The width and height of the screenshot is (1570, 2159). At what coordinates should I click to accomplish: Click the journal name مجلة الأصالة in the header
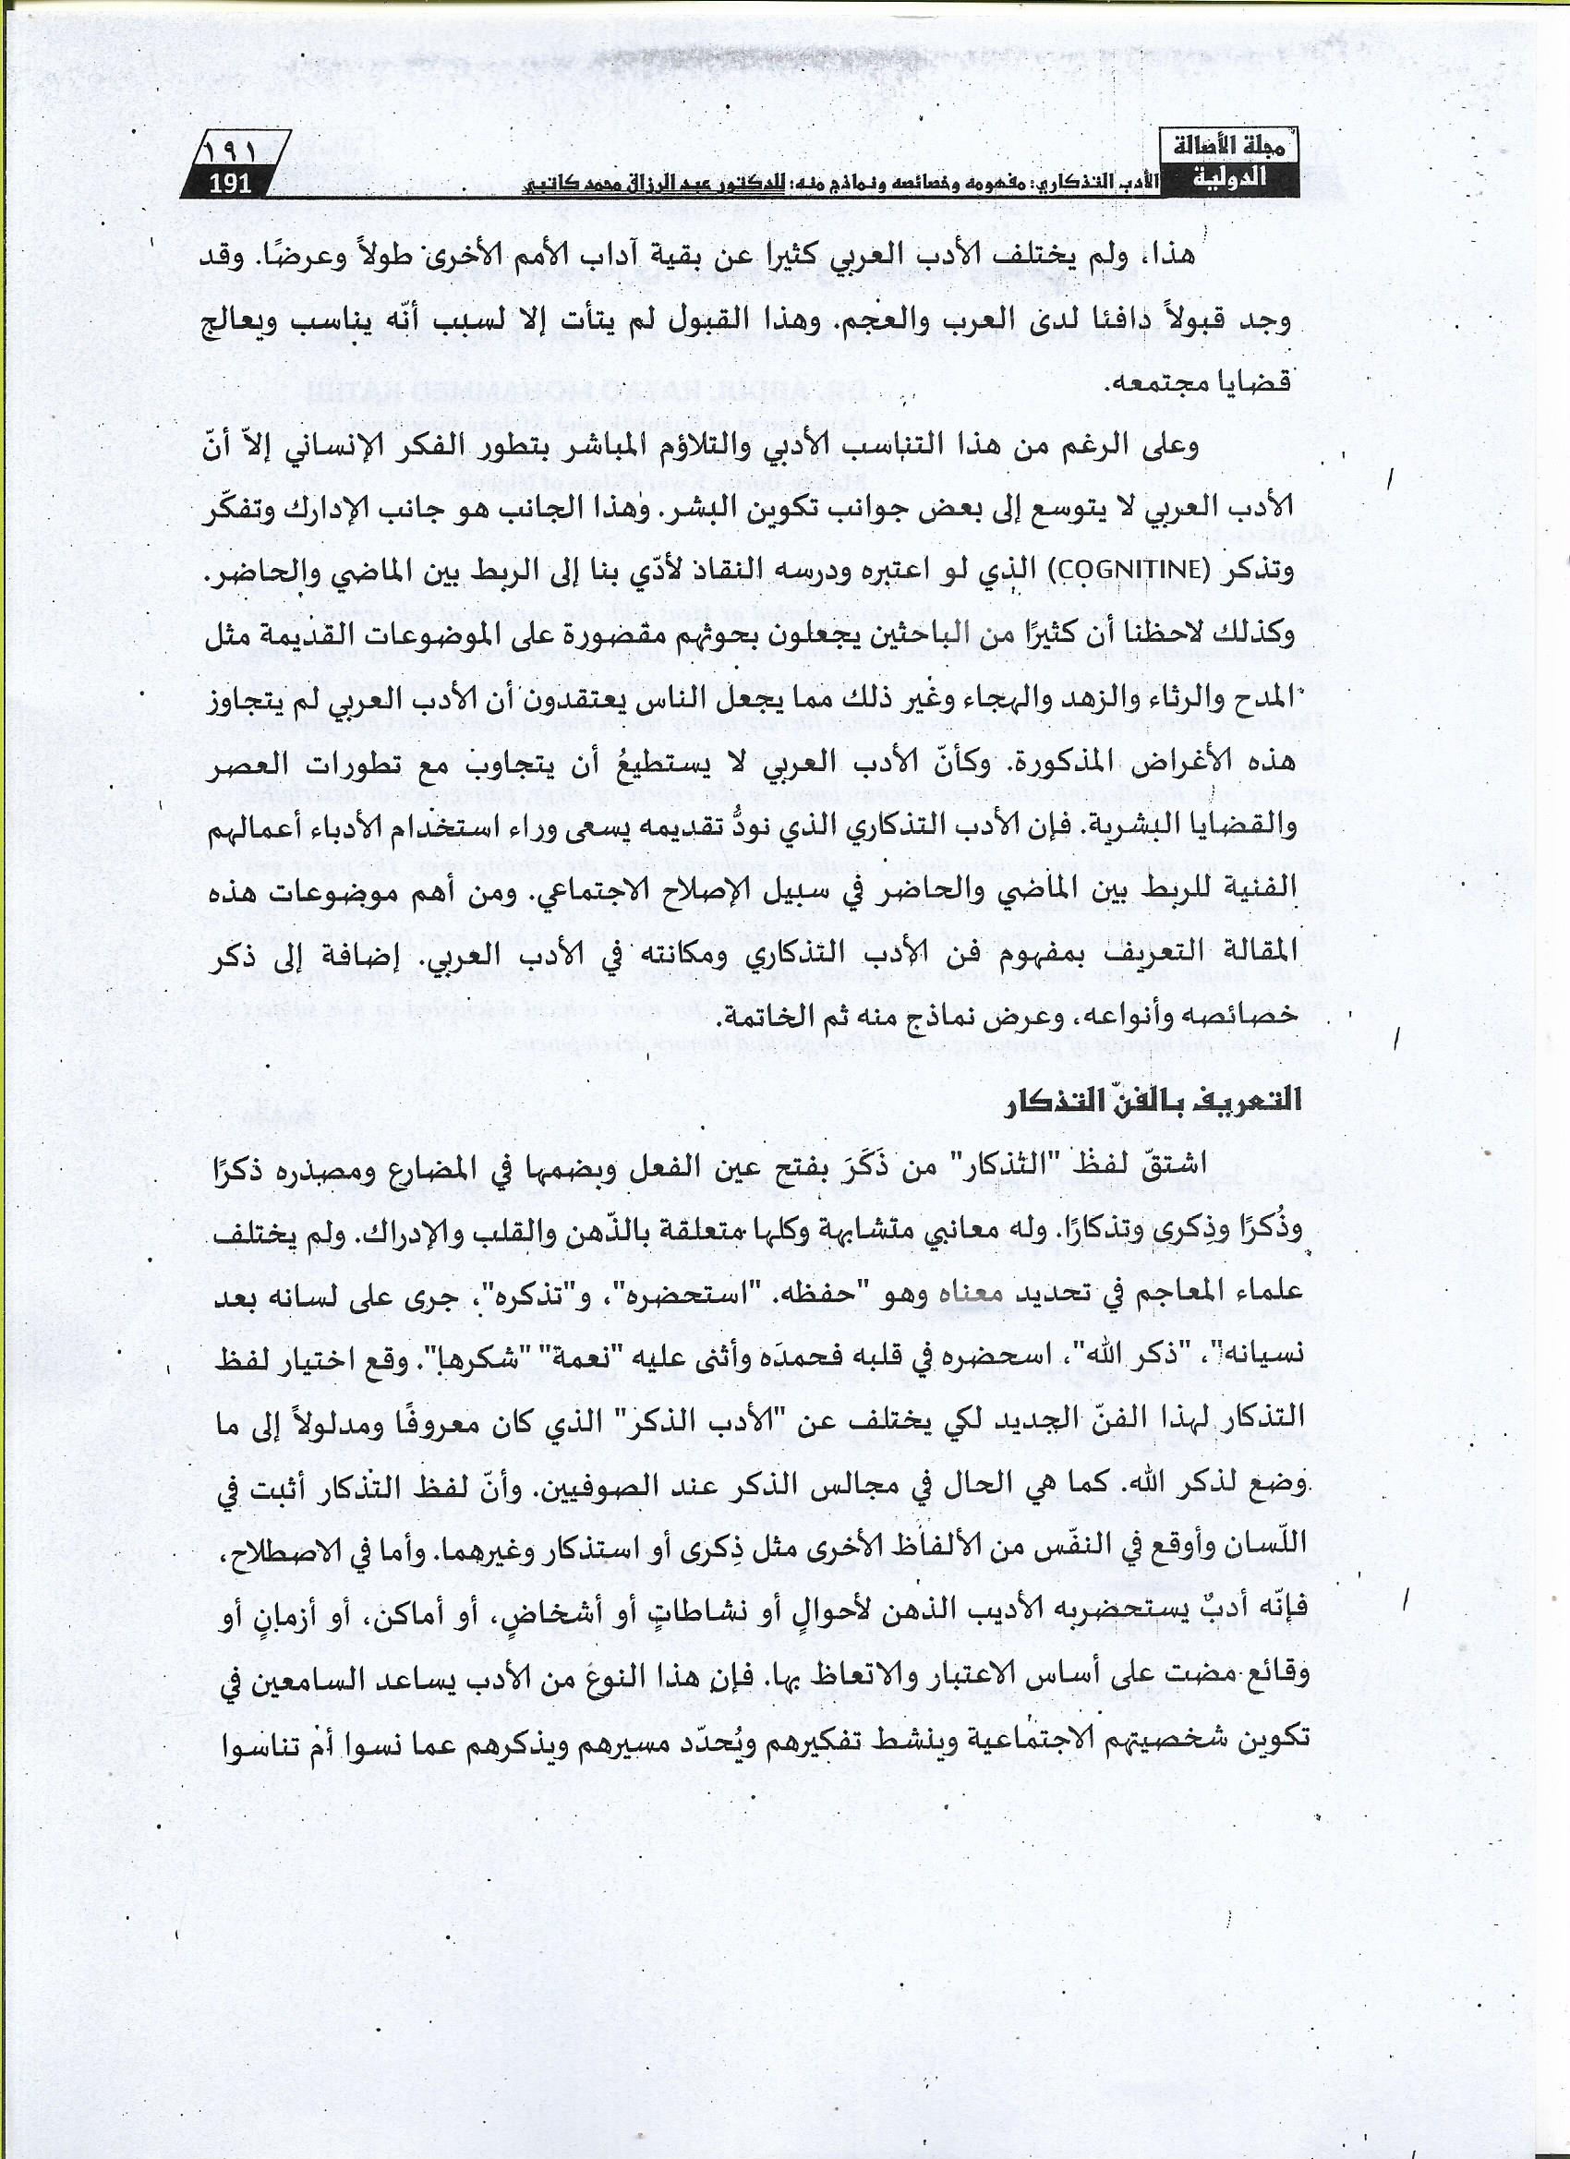point(1237,149)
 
